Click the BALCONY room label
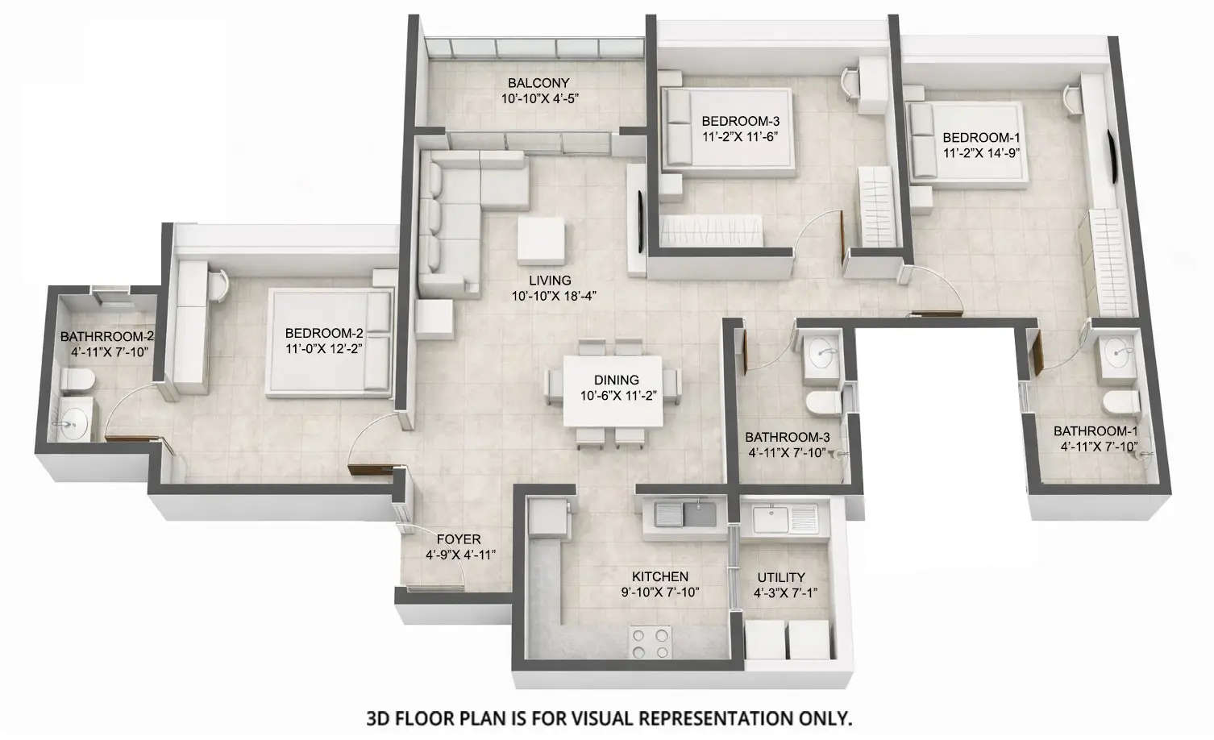pyautogui.click(x=538, y=83)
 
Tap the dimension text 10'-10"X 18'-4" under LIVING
pyautogui.click(x=553, y=296)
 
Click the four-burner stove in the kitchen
pyautogui.click(x=651, y=642)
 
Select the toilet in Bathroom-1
pyautogui.click(x=1120, y=401)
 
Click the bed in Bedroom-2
pyautogui.click(x=330, y=343)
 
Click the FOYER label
pyautogui.click(x=458, y=539)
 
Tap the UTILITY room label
pyautogui.click(x=780, y=577)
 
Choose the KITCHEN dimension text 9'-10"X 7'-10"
pyautogui.click(x=659, y=592)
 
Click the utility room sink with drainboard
pyautogui.click(x=784, y=517)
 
